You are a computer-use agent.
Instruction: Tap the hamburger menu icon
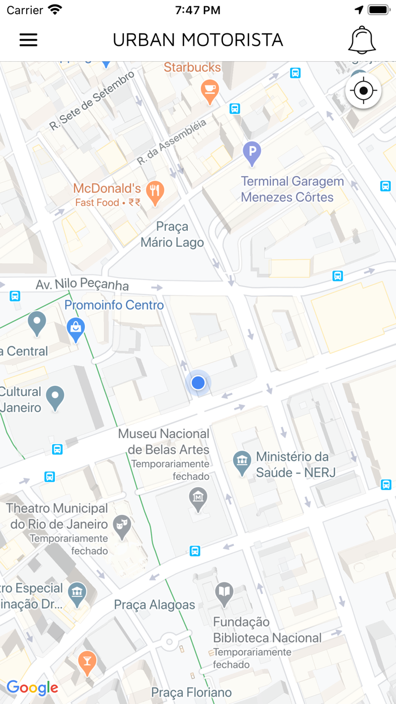pos(28,40)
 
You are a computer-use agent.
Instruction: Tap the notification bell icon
pos(362,40)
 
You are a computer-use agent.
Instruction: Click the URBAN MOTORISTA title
pos(198,40)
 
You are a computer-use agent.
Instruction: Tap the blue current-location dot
pos(198,383)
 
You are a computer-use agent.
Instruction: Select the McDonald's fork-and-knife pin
pos(154,192)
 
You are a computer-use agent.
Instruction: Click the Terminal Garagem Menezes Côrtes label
pos(292,190)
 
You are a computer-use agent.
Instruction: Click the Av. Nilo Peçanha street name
pos(82,285)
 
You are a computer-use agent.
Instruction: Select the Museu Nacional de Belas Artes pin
pos(198,499)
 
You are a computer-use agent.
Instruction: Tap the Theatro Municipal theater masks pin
pos(122,526)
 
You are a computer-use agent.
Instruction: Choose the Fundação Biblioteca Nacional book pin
pos(225,593)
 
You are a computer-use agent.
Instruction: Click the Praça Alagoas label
pos(154,605)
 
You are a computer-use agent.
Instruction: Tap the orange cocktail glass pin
pos(87,663)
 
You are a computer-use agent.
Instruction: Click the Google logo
pos(32,688)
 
